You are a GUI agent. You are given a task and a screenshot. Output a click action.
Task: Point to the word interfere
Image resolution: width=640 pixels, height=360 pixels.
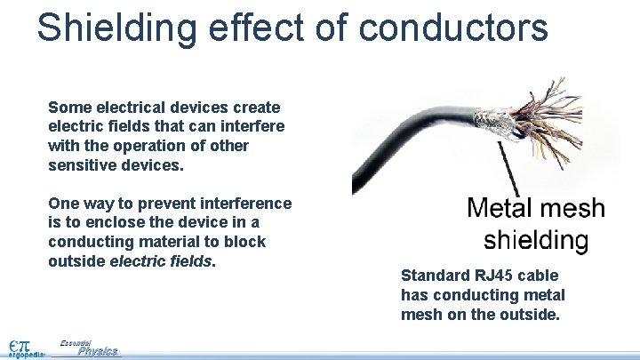pos(252,126)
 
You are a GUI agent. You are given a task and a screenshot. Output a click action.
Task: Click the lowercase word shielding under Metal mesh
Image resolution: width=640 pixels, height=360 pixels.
pos(535,240)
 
